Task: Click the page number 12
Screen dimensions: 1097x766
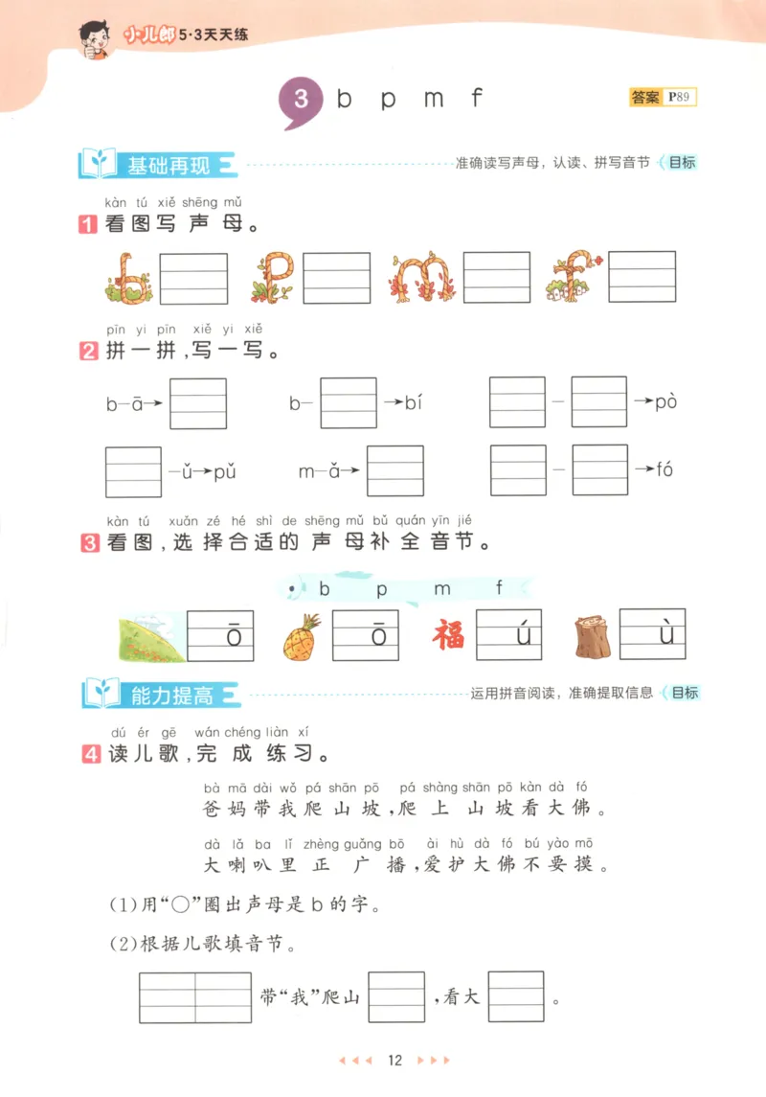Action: tap(394, 1061)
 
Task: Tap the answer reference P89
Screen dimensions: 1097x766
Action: tap(681, 97)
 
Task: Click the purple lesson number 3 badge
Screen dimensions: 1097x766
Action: tap(300, 100)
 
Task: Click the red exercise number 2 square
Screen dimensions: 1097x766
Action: tap(88, 351)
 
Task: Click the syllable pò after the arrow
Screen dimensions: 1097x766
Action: tap(666, 401)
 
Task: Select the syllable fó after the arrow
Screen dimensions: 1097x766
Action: tap(665, 469)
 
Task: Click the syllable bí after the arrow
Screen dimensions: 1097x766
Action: tap(413, 402)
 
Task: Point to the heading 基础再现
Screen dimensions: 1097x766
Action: tap(169, 165)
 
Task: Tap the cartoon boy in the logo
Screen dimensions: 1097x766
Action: tap(97, 36)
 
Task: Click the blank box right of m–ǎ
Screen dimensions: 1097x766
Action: tap(394, 471)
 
